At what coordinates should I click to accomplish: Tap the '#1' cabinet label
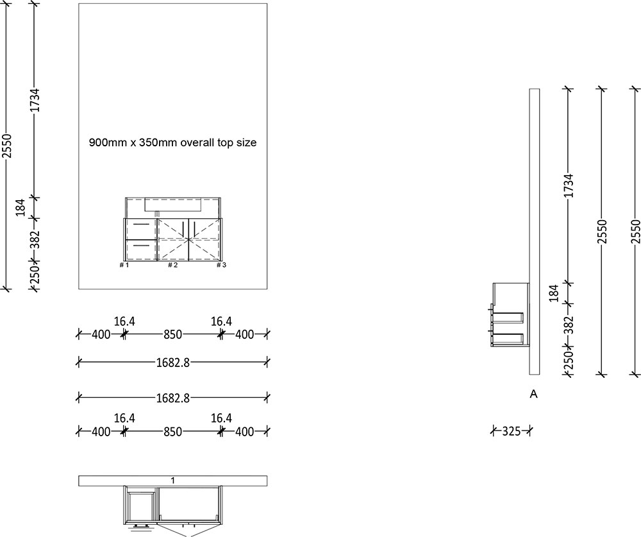124,265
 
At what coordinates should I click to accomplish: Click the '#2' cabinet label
172,265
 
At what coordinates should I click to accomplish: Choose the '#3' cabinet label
221,265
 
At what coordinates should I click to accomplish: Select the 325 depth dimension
511,431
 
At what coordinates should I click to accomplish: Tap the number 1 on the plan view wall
173,480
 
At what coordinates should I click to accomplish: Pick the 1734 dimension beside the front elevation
36,101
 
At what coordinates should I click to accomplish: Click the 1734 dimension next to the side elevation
568,186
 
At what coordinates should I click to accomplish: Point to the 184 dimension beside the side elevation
554,293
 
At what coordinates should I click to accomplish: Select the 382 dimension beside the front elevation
36,239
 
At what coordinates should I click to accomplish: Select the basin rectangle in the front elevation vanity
174,205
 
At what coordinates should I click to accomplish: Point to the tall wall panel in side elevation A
535,231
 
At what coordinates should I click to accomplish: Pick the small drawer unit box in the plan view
142,506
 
